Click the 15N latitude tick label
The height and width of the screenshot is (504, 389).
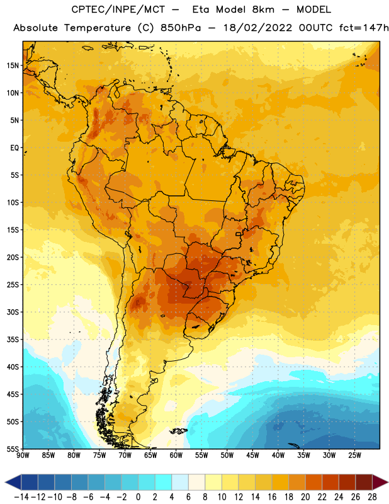[13, 66]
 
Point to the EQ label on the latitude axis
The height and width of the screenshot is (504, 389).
[14, 148]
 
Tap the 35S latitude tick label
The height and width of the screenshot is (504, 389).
[13, 340]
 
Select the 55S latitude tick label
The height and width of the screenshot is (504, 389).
[13, 449]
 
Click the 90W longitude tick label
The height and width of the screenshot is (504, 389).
[23, 455]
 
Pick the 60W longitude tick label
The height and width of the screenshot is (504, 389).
[176, 455]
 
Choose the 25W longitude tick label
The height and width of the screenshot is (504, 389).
[354, 455]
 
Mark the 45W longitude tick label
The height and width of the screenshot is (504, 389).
[252, 455]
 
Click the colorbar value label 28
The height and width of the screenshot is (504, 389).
[372, 497]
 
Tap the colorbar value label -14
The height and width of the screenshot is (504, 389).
[21, 497]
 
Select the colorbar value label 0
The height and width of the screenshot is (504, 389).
[138, 497]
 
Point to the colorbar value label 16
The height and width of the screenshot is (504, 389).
[272, 497]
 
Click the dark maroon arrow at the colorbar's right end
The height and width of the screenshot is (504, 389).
[380, 482]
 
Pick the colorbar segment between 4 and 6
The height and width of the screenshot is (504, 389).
[180, 482]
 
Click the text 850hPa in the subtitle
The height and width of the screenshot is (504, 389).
[181, 28]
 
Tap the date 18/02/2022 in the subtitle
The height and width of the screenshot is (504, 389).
[257, 28]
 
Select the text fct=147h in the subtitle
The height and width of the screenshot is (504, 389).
[364, 28]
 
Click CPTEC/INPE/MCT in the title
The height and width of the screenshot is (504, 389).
[118, 9]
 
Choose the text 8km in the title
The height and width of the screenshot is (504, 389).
[263, 9]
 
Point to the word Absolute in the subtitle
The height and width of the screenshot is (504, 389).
[35, 28]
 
